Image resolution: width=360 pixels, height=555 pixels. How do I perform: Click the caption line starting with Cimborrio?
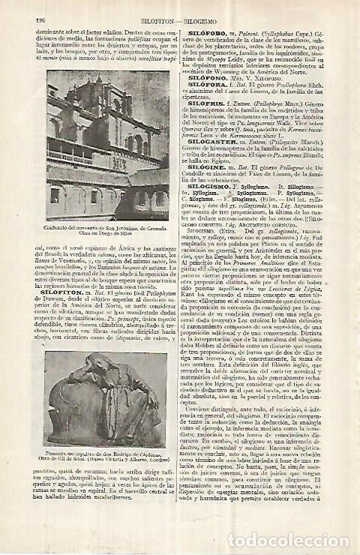112,228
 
